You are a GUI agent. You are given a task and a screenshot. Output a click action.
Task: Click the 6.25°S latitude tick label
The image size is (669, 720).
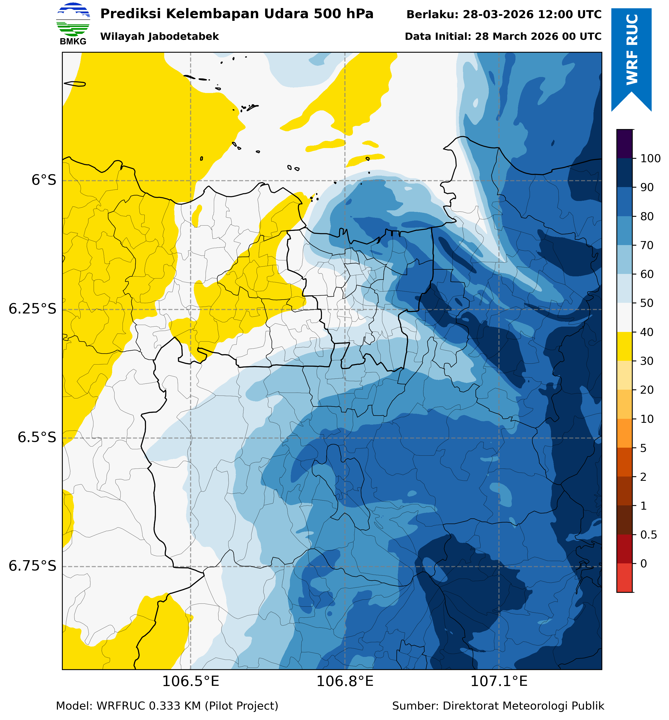(33, 309)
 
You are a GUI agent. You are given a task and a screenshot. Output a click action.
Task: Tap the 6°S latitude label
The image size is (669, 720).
(44, 180)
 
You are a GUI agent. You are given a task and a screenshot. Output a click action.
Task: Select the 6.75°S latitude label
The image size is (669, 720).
(33, 566)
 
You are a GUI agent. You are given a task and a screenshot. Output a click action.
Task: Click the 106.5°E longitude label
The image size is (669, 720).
(190, 682)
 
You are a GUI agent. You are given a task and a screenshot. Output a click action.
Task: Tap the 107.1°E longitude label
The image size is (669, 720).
(499, 682)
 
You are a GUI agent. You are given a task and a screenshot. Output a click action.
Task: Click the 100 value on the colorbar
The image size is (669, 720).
(650, 158)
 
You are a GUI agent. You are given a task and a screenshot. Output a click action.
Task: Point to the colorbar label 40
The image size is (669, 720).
(647, 332)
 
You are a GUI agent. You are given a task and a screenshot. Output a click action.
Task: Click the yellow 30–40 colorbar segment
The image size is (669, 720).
(624, 346)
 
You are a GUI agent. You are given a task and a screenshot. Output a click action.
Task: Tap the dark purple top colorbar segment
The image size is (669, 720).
(624, 144)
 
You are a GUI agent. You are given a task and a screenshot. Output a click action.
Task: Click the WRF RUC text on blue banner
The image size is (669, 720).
(632, 50)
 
